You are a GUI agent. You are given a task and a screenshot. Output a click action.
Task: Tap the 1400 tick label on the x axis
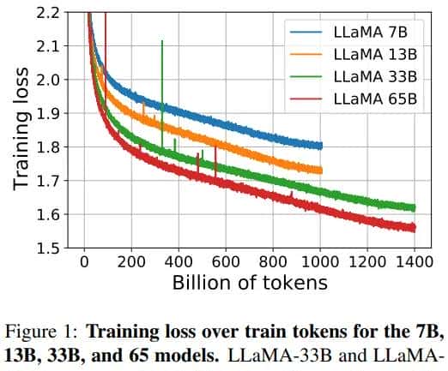click(x=414, y=261)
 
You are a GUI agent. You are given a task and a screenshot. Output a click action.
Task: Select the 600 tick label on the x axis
click(x=226, y=261)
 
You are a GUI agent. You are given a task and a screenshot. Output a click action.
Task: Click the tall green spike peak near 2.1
click(x=161, y=41)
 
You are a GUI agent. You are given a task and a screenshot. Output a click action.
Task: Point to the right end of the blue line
click(x=321, y=146)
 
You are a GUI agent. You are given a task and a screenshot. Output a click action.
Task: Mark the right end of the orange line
click(x=321, y=171)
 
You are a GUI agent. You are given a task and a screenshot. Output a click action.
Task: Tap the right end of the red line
click(x=415, y=228)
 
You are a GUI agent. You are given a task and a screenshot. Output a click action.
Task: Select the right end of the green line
click(x=415, y=207)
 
